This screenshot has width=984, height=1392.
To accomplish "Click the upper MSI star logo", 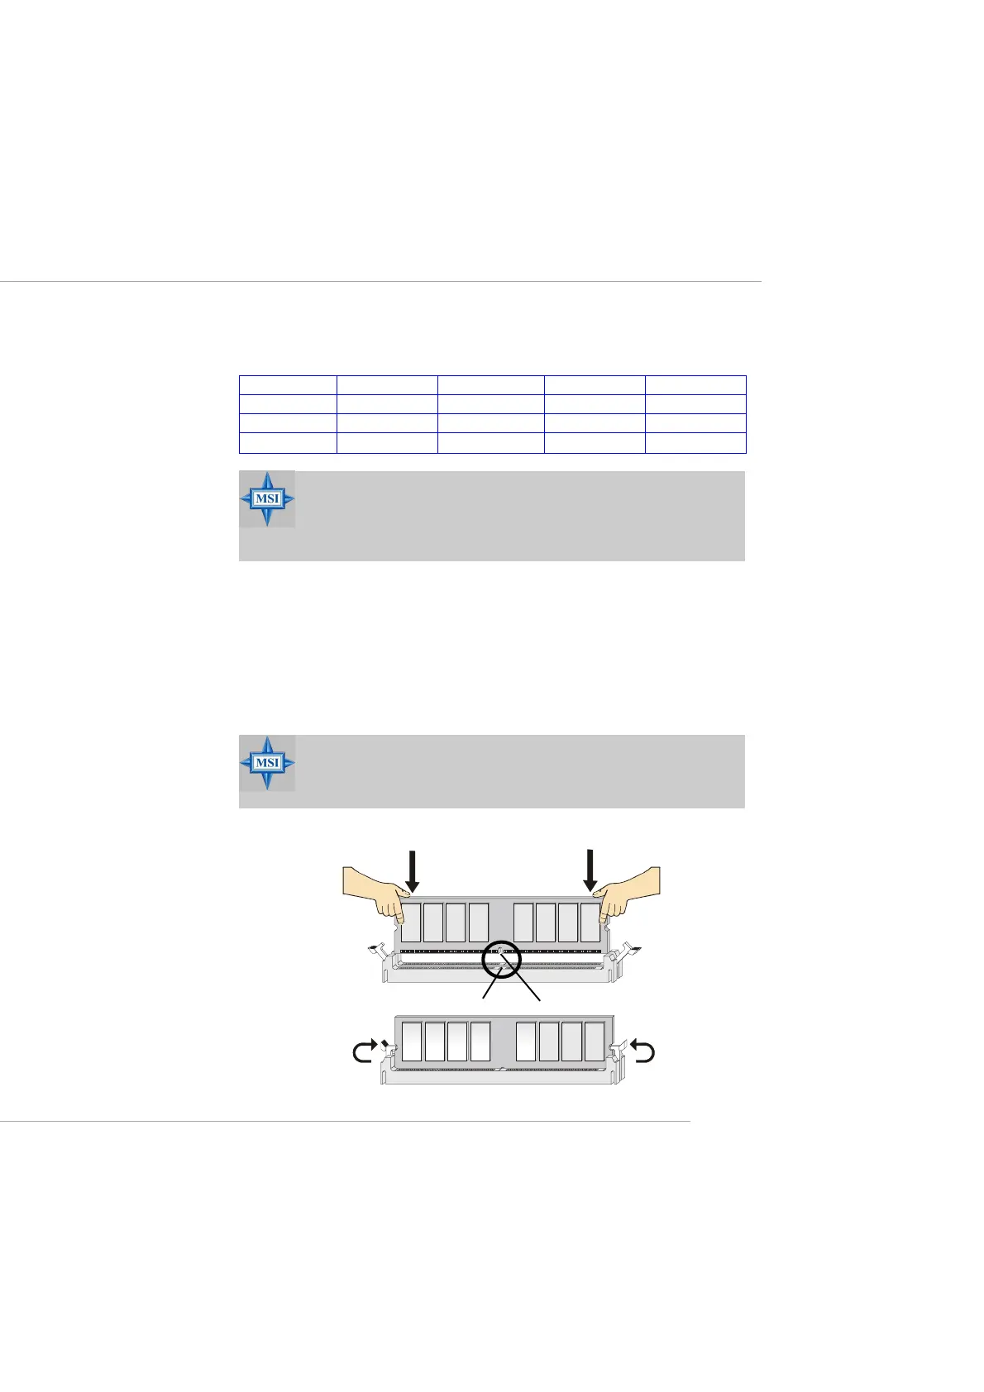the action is pyautogui.click(x=267, y=498).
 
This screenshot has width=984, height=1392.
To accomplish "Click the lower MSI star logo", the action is pyautogui.click(x=267, y=762).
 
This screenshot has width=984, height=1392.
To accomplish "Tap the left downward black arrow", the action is pyautogui.click(x=413, y=870).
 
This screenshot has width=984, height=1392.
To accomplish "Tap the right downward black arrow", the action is pyautogui.click(x=590, y=870).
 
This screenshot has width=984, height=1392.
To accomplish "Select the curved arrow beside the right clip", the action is pyautogui.click(x=642, y=1052).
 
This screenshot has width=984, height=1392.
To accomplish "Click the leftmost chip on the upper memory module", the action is pyautogui.click(x=411, y=922).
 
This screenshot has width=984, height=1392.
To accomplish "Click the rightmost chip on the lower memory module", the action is pyautogui.click(x=594, y=1042).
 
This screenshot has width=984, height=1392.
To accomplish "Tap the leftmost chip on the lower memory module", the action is pyautogui.click(x=412, y=1042).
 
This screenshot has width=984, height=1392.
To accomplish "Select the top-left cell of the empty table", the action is pyautogui.click(x=288, y=384).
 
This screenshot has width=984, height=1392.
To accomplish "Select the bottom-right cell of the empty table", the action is pyautogui.click(x=695, y=443).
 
